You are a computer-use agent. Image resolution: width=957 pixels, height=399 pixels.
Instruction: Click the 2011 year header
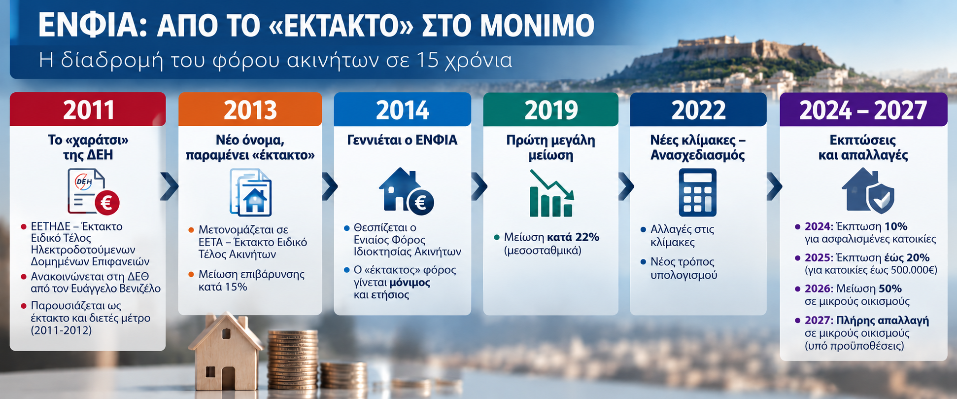pos(88,109)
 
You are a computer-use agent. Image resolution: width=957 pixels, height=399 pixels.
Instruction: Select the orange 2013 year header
pos(250,109)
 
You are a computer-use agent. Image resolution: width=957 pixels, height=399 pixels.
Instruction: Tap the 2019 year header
pos(550,109)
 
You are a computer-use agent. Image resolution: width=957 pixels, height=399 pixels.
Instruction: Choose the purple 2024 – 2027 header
pos(863,109)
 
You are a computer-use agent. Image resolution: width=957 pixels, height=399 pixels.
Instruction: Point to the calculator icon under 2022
pos(697,192)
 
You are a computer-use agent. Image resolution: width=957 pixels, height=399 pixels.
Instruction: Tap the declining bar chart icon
pos(551,193)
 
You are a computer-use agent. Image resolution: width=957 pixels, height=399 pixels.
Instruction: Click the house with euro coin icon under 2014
pos(406,191)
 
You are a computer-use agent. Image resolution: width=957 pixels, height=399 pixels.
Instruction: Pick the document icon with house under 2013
pos(250,192)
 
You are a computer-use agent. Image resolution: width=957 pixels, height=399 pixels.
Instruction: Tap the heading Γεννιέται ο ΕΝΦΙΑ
pos(402,141)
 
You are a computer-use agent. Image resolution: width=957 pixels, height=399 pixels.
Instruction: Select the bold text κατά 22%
pos(573,237)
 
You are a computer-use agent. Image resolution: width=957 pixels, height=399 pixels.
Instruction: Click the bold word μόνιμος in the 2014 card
pos(410,283)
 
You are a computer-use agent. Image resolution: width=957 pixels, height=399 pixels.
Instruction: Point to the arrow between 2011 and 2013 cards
pos(169,186)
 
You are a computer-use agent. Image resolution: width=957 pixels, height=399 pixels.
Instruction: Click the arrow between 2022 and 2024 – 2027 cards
pos(774,186)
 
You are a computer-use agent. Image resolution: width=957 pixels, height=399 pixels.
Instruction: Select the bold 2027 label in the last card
pos(818,321)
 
